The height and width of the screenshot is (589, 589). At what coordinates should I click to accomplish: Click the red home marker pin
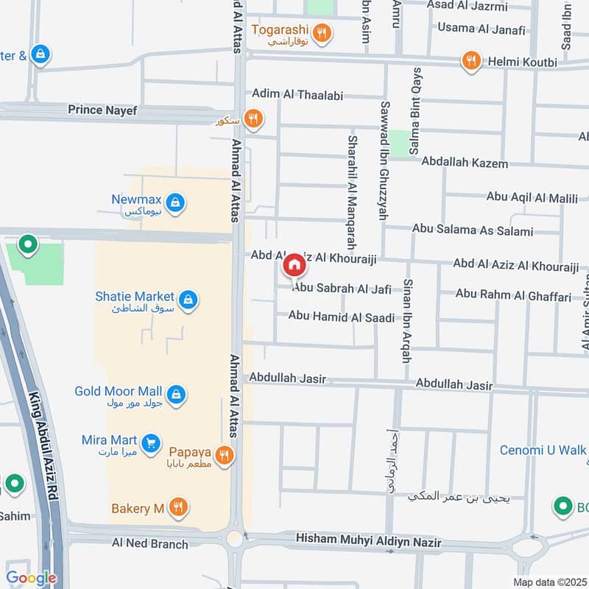point(293,265)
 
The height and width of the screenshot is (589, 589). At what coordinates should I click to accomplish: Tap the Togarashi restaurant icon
point(321,32)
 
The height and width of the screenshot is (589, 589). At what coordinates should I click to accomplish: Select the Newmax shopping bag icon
point(175,202)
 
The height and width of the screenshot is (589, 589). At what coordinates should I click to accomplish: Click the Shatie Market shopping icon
point(189,300)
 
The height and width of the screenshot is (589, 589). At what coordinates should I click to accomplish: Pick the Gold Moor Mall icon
point(176,395)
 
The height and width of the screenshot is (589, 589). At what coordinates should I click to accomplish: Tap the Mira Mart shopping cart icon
point(151,443)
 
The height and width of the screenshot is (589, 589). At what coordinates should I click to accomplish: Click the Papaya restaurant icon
point(225,455)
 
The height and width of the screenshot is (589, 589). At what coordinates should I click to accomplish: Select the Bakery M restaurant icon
point(177,507)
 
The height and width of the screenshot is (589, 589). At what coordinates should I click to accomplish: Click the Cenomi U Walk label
point(544,450)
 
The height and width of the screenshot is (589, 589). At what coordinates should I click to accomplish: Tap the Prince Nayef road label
point(102,110)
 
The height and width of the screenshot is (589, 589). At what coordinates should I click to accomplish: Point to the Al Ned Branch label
point(149,544)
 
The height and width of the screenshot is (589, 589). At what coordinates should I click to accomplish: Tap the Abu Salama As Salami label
point(472,230)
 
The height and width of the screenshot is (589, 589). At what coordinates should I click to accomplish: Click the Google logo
point(31,578)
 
